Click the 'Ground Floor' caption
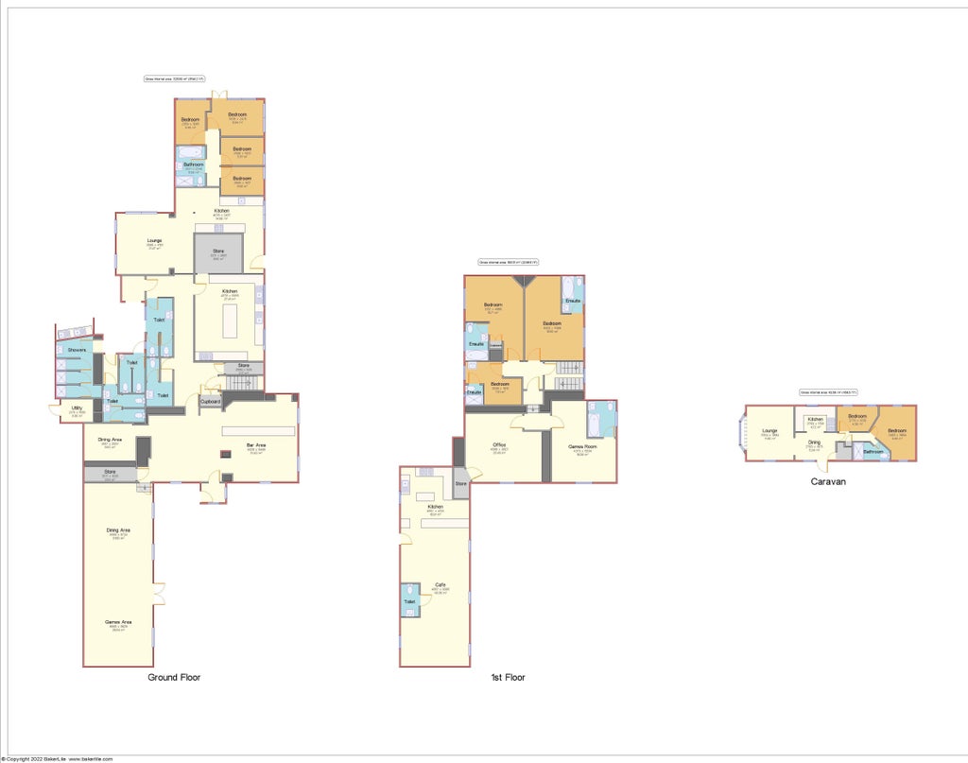click(x=174, y=677)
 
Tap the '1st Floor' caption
click(x=508, y=677)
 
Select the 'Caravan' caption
click(x=827, y=481)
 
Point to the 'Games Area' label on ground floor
click(x=119, y=621)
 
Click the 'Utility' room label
click(x=78, y=408)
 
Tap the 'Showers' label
click(x=77, y=350)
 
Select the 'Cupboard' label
click(x=210, y=402)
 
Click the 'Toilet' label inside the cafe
click(x=409, y=601)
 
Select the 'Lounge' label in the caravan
click(x=769, y=431)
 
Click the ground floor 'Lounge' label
click(x=154, y=241)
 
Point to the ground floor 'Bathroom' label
click(x=194, y=165)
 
